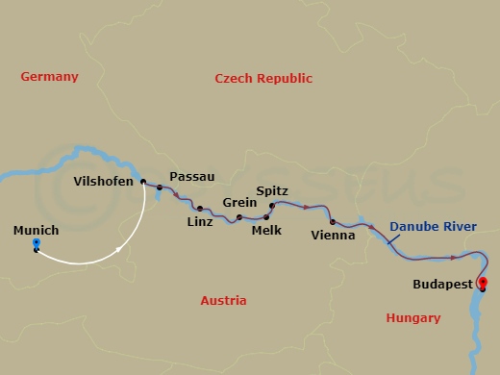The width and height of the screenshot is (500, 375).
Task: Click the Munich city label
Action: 37,231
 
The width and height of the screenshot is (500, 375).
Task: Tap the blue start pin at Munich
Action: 36,245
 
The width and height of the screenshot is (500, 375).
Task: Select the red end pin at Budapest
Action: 483,283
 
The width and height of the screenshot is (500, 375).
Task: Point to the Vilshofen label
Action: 106,181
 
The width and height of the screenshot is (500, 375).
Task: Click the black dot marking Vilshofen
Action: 142,182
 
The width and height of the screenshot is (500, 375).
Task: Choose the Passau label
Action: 191,177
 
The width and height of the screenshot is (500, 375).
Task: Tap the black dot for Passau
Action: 160,189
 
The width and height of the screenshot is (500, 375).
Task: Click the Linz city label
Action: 198,222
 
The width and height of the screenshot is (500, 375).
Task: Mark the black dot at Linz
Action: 199,208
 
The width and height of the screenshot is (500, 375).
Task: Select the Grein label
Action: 239,203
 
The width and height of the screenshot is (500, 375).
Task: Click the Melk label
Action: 265,231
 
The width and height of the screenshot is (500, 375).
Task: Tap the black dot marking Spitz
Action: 271,206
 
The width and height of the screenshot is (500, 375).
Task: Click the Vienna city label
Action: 334,235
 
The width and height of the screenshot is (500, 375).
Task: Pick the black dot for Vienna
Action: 332,222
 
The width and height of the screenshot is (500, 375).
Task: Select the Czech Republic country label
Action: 263,78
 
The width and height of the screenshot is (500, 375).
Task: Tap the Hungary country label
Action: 412,317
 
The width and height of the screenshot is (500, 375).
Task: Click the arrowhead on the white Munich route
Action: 118,250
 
